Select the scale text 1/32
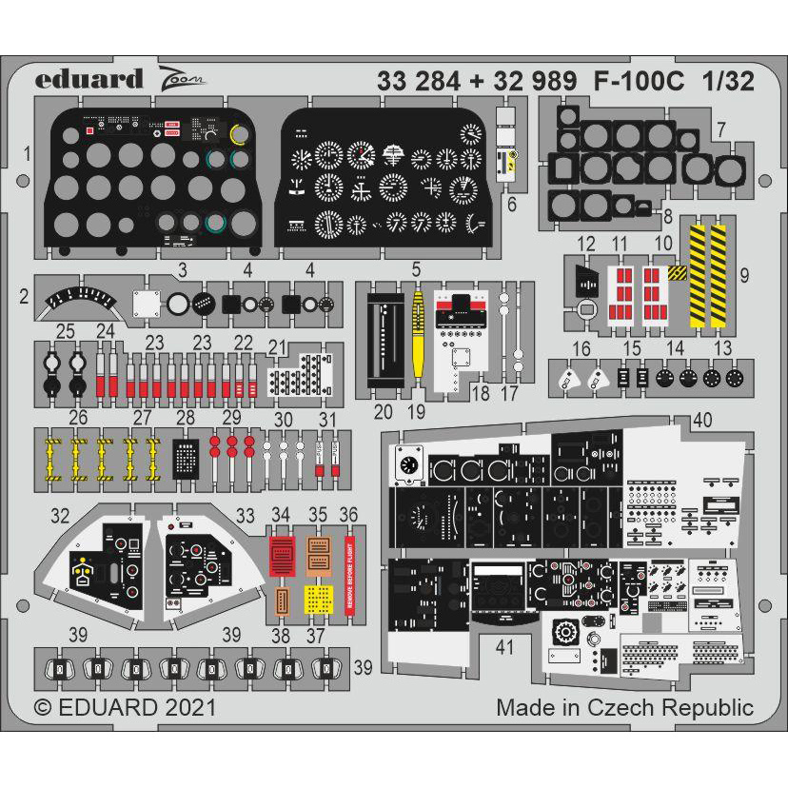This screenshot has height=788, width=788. click(x=728, y=81)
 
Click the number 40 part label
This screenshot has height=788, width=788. click(x=703, y=420)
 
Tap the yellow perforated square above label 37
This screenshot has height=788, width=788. click(x=318, y=598)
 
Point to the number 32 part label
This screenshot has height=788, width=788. click(x=61, y=515)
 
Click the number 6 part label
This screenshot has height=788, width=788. click(x=511, y=204)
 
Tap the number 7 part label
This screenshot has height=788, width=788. click(x=748, y=129)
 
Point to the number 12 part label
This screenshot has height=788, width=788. click(x=586, y=244)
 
